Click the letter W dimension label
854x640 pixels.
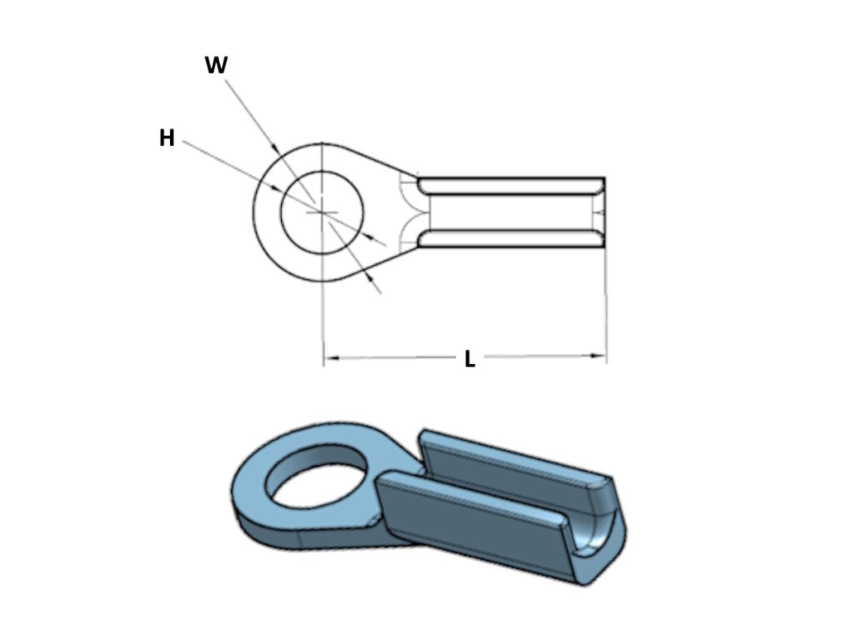tap(216, 67)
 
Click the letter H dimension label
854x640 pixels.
tap(167, 138)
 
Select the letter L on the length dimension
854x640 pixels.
tap(470, 359)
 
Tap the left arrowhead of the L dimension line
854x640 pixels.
tap(330, 358)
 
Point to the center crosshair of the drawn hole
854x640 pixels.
tap(322, 212)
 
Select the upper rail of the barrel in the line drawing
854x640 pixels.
tap(509, 186)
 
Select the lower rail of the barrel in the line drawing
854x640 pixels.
tap(509, 239)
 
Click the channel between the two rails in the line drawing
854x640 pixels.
tap(509, 212)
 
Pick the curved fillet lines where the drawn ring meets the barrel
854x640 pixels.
tap(409, 212)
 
